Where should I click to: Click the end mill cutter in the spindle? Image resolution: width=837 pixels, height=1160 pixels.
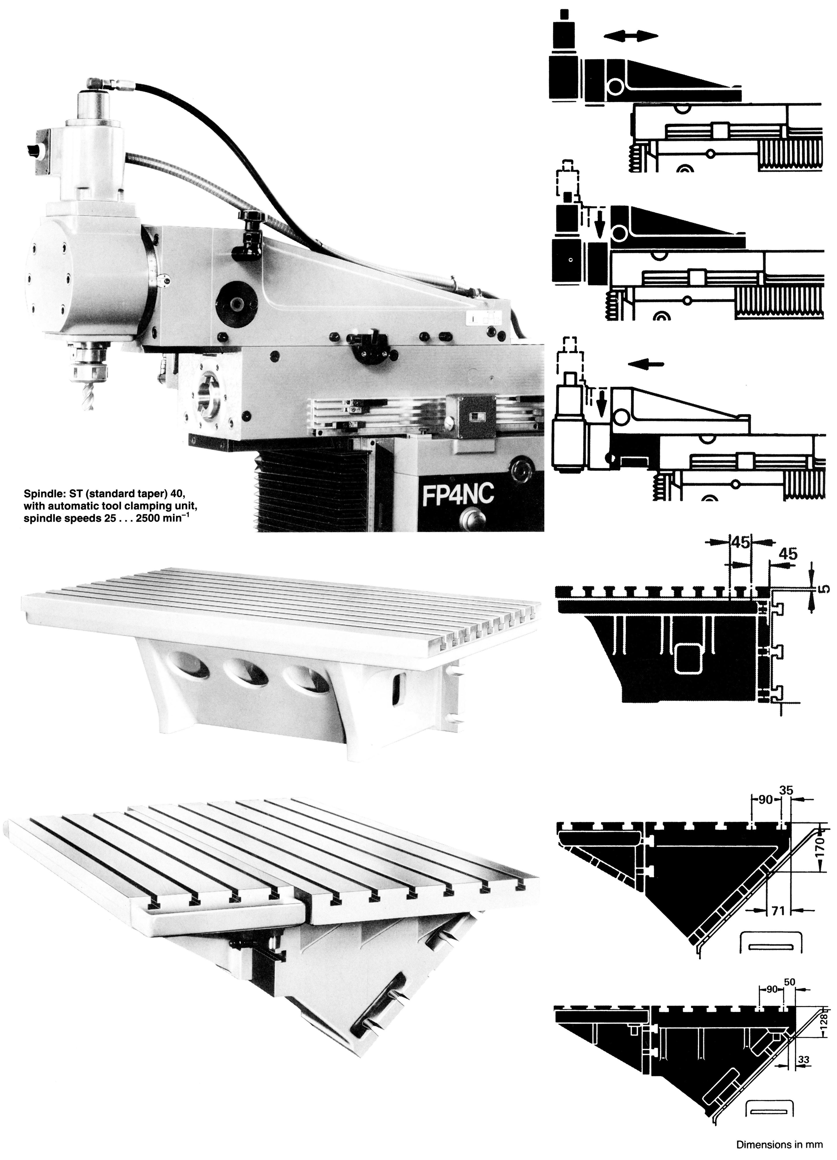pyautogui.click(x=88, y=394)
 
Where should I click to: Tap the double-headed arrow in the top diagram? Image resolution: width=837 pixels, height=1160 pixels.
pyautogui.click(x=630, y=35)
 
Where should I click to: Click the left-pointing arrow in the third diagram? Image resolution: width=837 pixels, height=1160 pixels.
pyautogui.click(x=646, y=364)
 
